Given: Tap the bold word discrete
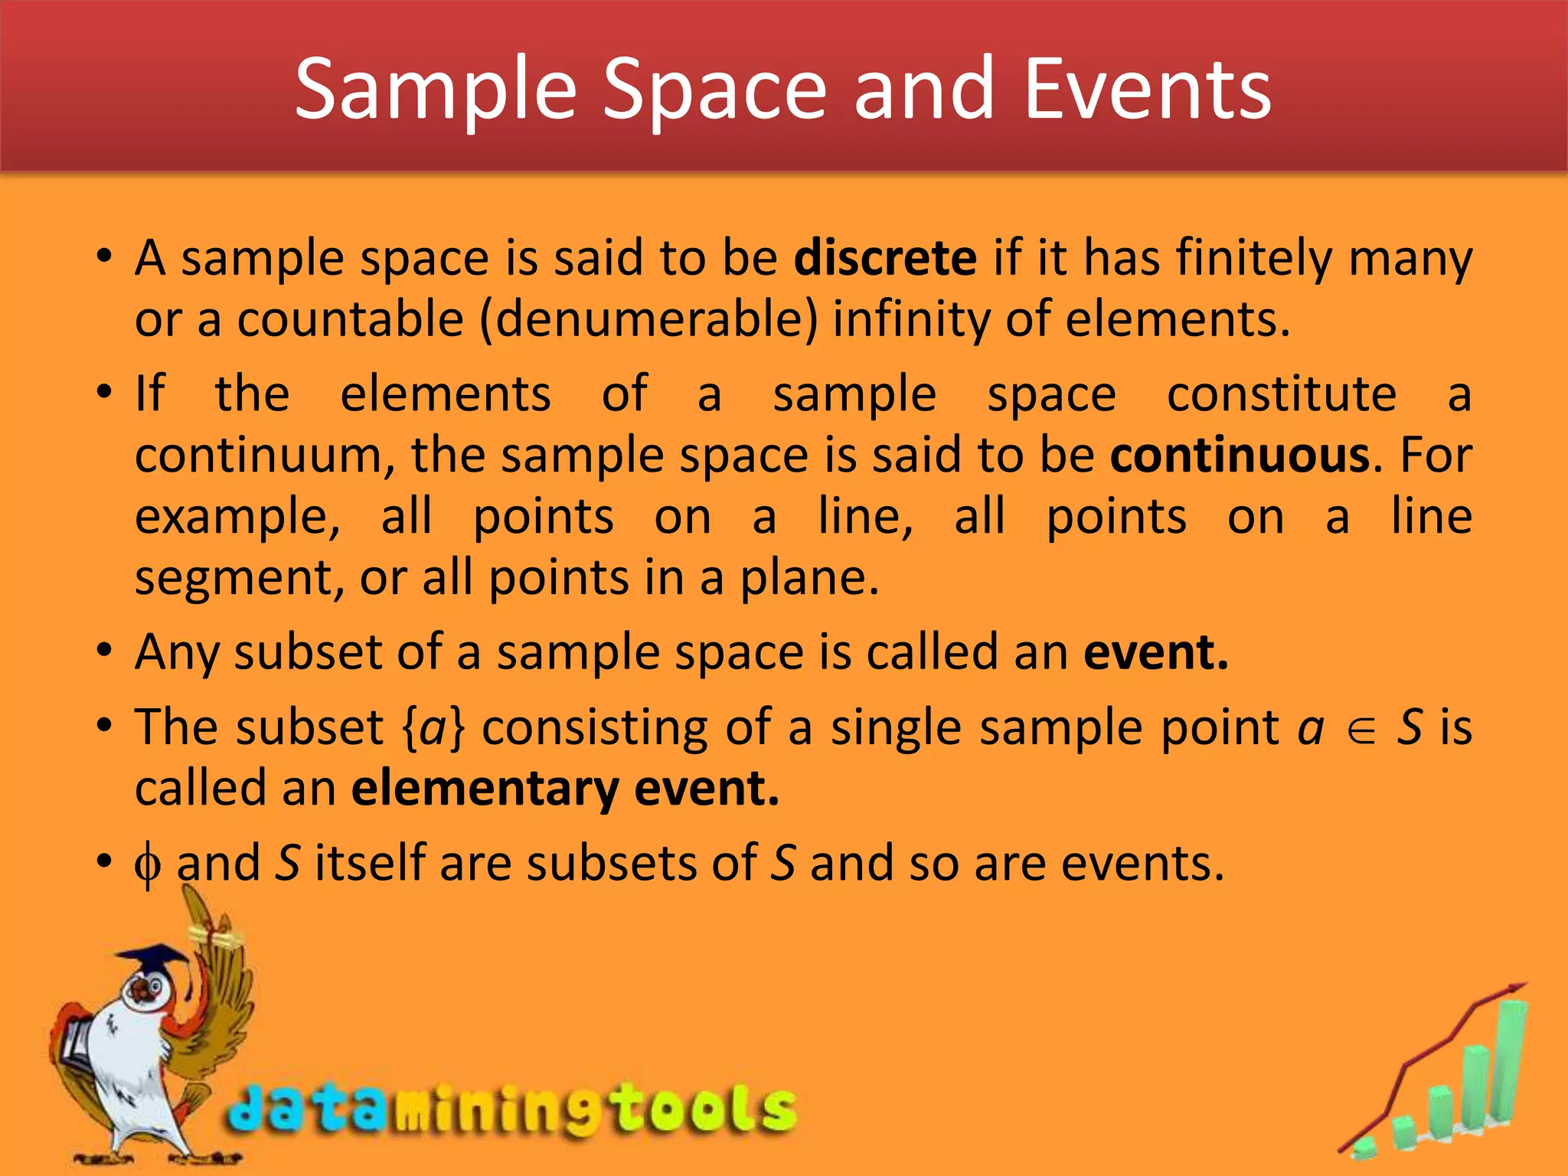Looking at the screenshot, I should click(885, 258).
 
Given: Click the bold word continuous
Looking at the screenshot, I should click(1240, 456).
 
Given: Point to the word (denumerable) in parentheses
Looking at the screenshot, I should click(649, 319).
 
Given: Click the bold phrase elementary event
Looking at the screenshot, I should click(565, 789).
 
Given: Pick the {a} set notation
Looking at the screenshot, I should click(433, 727).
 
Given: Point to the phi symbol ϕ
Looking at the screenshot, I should click(147, 866).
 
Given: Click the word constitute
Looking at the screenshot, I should click(1282, 394).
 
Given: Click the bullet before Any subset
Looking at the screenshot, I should click(105, 652).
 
